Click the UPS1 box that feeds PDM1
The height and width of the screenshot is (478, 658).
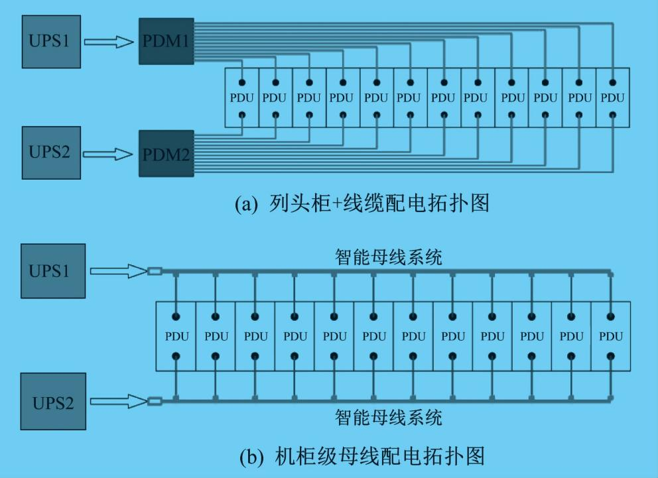point(51,42)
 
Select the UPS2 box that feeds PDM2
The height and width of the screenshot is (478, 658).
point(51,153)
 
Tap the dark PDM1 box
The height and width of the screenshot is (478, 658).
point(166,41)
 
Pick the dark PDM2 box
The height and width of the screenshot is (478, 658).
point(166,153)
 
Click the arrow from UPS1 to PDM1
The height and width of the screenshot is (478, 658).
point(109,42)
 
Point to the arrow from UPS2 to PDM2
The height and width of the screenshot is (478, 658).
point(108,154)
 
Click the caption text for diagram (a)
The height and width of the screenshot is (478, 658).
point(362,204)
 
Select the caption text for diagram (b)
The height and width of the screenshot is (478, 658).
point(362,456)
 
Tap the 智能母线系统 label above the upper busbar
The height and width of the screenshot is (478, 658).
point(389,257)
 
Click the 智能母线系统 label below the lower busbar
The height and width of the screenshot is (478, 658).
point(389,418)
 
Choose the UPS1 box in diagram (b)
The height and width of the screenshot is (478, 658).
point(53,271)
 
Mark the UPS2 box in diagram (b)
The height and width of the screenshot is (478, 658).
point(53,402)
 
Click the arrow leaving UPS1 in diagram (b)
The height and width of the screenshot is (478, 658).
point(119,271)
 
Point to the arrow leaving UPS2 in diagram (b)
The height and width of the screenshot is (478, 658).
point(119,401)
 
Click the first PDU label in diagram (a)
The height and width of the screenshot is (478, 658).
point(241,98)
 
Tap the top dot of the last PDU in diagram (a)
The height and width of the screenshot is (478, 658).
point(613,83)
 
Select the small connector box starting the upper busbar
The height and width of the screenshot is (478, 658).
point(155,272)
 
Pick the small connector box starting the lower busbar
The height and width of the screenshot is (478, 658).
point(155,401)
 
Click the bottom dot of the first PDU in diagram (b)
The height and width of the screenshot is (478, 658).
point(176,357)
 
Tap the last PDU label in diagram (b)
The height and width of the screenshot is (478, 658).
point(611,337)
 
